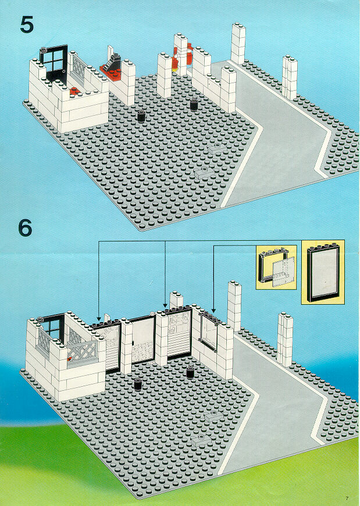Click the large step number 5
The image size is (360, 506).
point(27,24)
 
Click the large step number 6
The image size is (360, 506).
point(25,228)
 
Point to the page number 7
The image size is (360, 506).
point(347,498)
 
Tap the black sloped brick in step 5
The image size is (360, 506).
point(114,61)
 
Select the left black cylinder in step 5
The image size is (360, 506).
point(141,116)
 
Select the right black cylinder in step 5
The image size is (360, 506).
point(194,104)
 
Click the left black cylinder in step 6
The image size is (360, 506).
point(138,384)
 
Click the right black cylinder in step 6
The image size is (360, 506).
point(190,372)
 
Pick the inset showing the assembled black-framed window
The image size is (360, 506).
point(323,272)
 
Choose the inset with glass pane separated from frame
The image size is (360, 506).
point(276,266)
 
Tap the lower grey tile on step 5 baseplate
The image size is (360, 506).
point(203,172)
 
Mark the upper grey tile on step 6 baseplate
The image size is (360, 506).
point(213,416)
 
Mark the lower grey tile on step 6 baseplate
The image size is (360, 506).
point(200,440)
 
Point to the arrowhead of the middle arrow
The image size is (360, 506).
point(165,305)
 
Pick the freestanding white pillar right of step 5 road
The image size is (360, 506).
point(290,77)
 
